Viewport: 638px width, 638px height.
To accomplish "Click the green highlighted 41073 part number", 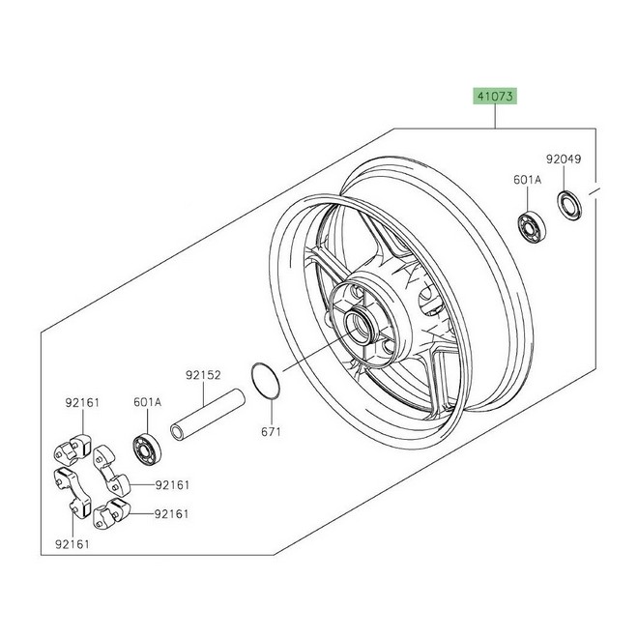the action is click(x=495, y=97).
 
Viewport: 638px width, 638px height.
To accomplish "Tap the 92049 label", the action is click(x=564, y=159).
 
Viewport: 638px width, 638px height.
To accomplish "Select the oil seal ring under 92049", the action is click(x=568, y=206).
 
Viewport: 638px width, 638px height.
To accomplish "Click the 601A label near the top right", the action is click(x=528, y=180).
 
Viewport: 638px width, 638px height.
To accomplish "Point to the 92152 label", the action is click(x=203, y=375).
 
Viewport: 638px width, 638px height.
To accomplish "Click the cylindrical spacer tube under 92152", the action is click(x=208, y=414).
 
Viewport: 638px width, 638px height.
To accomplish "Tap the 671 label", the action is click(x=271, y=432).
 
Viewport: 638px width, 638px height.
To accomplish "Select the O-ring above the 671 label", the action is click(x=265, y=381).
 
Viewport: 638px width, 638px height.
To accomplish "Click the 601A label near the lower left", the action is click(x=147, y=402).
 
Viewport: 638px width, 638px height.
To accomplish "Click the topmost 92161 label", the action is click(x=82, y=403).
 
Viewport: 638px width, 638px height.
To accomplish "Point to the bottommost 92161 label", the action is click(x=72, y=544).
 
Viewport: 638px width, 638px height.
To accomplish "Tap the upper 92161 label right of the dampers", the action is click(x=172, y=485).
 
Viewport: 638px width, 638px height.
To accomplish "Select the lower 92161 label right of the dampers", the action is click(x=171, y=514).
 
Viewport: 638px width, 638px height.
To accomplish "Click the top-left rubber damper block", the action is click(x=72, y=449).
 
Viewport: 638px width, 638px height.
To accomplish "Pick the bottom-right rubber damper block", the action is click(x=110, y=513).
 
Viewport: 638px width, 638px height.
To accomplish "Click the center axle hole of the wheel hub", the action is click(x=360, y=325).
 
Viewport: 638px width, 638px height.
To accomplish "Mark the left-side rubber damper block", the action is click(x=72, y=491).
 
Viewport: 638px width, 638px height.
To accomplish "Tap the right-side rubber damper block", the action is click(x=111, y=471).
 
